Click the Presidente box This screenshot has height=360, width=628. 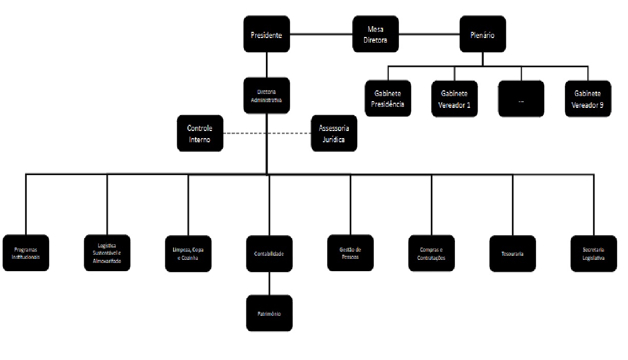[267, 35]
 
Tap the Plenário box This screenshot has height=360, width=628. [483, 34]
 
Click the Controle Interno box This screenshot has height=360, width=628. [200, 134]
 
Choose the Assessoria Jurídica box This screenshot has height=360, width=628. [334, 134]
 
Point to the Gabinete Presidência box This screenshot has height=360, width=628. [388, 99]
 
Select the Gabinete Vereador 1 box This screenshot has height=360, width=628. [454, 99]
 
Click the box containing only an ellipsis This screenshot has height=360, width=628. [521, 99]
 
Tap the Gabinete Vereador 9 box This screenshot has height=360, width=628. [588, 99]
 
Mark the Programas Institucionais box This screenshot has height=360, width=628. [27, 253]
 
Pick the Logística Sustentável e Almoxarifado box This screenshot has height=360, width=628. [107, 253]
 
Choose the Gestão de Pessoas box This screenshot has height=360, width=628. [350, 253]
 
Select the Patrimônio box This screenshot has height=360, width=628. [269, 313]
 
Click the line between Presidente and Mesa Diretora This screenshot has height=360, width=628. [321, 35]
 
